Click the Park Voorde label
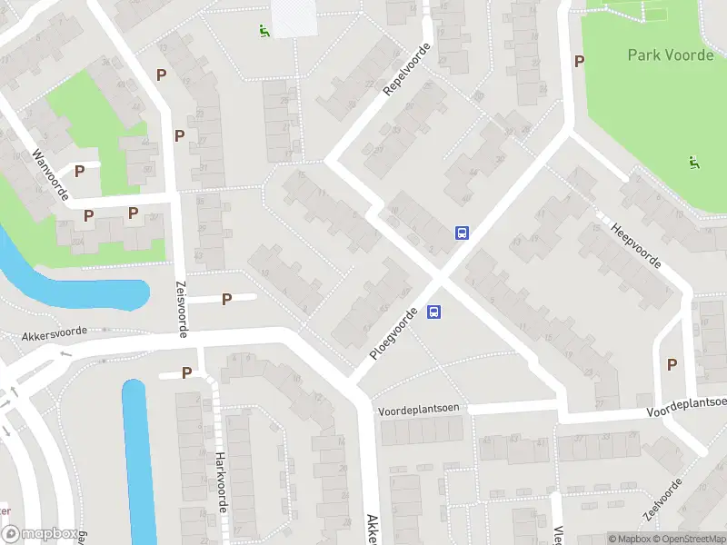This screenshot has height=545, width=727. pos(671,54)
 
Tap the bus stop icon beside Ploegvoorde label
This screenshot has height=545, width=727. pos(434,312)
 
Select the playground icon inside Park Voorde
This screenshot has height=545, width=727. pos(694,163)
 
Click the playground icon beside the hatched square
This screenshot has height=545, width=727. pos(263,31)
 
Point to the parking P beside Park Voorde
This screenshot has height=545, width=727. pos(578,61)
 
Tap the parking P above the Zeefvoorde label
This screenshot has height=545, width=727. pos(672,364)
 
